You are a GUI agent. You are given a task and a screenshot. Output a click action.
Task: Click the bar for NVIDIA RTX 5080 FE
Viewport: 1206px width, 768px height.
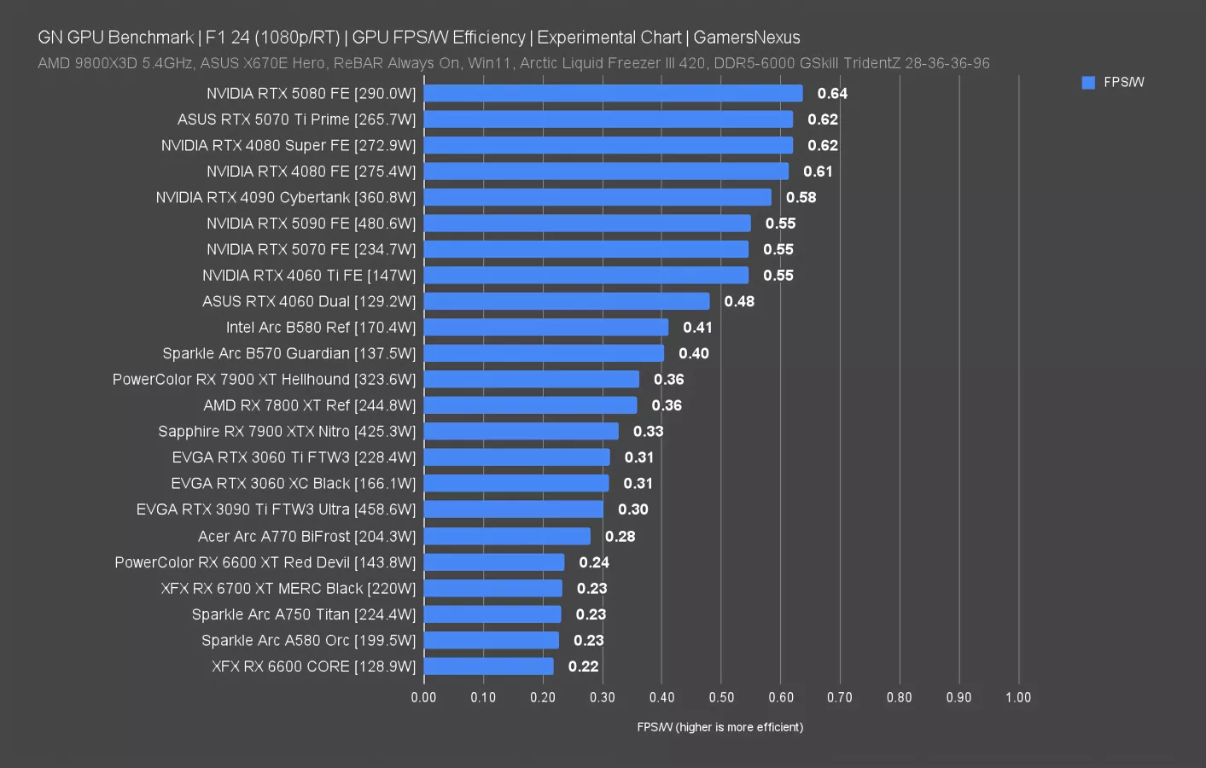click(613, 93)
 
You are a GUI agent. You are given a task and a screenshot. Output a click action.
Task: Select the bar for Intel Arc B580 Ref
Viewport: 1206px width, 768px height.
click(546, 327)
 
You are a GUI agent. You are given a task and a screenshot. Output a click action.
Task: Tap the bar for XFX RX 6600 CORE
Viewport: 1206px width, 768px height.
click(488, 666)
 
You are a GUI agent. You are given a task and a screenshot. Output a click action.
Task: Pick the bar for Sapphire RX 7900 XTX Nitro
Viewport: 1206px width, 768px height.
click(521, 431)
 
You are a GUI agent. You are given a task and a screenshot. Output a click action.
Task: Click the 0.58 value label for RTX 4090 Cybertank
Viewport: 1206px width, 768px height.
click(801, 197)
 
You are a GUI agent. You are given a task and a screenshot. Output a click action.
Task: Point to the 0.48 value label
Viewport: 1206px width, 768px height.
click(739, 301)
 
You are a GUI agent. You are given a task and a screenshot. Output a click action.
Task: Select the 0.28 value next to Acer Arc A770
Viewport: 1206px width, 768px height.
click(620, 536)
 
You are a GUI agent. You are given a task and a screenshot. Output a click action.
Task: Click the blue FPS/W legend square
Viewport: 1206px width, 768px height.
click(1088, 83)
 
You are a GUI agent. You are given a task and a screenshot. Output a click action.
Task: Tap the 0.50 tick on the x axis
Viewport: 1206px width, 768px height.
click(721, 697)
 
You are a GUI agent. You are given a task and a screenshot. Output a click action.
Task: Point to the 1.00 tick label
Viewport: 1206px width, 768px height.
click(1017, 697)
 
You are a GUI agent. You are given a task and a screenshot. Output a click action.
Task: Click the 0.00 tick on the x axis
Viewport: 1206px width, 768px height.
click(423, 697)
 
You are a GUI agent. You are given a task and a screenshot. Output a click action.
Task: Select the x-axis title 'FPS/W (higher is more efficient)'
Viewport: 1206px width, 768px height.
click(720, 727)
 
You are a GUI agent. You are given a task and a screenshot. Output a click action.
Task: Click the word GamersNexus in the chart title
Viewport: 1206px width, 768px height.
click(746, 38)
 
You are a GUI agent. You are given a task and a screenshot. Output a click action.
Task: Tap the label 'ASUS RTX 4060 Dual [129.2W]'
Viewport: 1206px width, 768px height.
click(309, 301)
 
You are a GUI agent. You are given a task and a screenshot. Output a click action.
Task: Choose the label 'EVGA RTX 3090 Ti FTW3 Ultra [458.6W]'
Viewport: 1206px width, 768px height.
click(276, 509)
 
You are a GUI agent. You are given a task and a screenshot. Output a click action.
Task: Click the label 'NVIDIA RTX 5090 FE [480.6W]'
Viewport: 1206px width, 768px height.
click(311, 224)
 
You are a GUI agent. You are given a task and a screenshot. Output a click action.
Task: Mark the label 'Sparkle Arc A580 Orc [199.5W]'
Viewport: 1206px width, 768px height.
click(308, 640)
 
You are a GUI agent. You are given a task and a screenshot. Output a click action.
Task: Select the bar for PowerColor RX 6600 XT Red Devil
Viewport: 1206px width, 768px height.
click(493, 562)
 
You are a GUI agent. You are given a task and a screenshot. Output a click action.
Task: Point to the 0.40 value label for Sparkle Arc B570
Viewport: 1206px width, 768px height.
click(693, 353)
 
